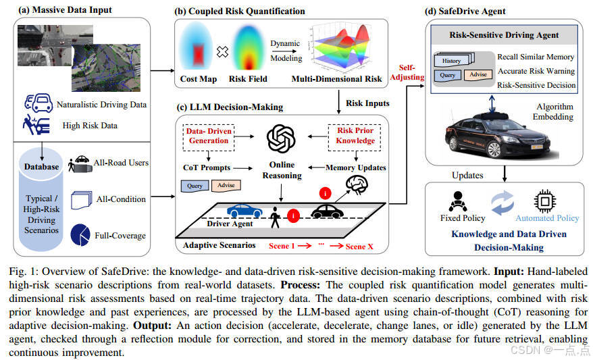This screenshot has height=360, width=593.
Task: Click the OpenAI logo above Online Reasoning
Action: [x=282, y=138]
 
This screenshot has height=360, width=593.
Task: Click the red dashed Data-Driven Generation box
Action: [x=209, y=136]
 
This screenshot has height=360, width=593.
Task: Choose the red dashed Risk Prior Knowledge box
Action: [x=356, y=136]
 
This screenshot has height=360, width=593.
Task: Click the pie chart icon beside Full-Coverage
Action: [x=81, y=234]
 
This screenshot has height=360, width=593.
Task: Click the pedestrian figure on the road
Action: [x=275, y=218]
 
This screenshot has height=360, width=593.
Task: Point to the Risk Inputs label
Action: [x=367, y=103]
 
